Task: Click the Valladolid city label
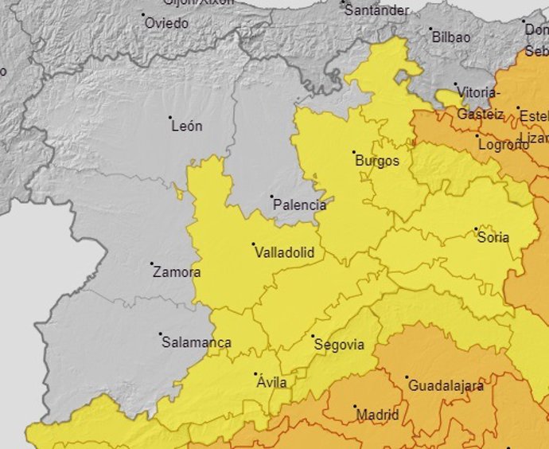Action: click(284, 253)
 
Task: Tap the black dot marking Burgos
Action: click(354, 151)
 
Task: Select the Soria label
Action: click(493, 238)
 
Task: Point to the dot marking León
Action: click(170, 117)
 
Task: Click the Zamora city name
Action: click(177, 272)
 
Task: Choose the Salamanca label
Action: click(197, 343)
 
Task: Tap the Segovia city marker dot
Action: click(313, 336)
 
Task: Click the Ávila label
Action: click(271, 383)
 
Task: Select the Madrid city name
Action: click(378, 415)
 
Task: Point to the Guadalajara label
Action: click(446, 386)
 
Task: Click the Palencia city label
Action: click(299, 205)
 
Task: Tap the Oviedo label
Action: click(167, 24)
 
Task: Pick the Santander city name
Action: click(377, 11)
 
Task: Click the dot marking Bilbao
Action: click(430, 29)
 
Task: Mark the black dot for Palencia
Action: click(271, 197)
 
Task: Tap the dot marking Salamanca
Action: click(160, 334)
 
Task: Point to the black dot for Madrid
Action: click(355, 406)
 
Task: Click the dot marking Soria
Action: click(476, 229)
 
